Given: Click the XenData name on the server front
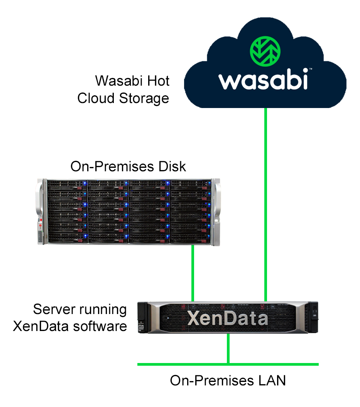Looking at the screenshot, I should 228,318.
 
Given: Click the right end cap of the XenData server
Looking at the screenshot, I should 313,317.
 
